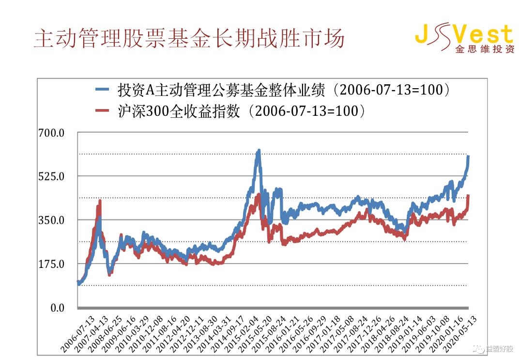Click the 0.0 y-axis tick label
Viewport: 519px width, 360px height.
click(x=57, y=308)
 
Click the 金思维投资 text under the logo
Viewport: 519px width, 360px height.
click(x=484, y=49)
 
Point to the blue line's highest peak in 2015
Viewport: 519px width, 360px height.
click(x=259, y=151)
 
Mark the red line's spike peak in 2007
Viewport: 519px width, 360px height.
click(x=100, y=201)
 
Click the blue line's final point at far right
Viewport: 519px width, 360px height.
click(x=468, y=157)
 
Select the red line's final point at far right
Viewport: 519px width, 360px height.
click(x=468, y=196)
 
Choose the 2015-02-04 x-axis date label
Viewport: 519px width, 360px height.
click(x=245, y=334)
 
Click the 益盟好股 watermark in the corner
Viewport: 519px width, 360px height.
click(x=499, y=348)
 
